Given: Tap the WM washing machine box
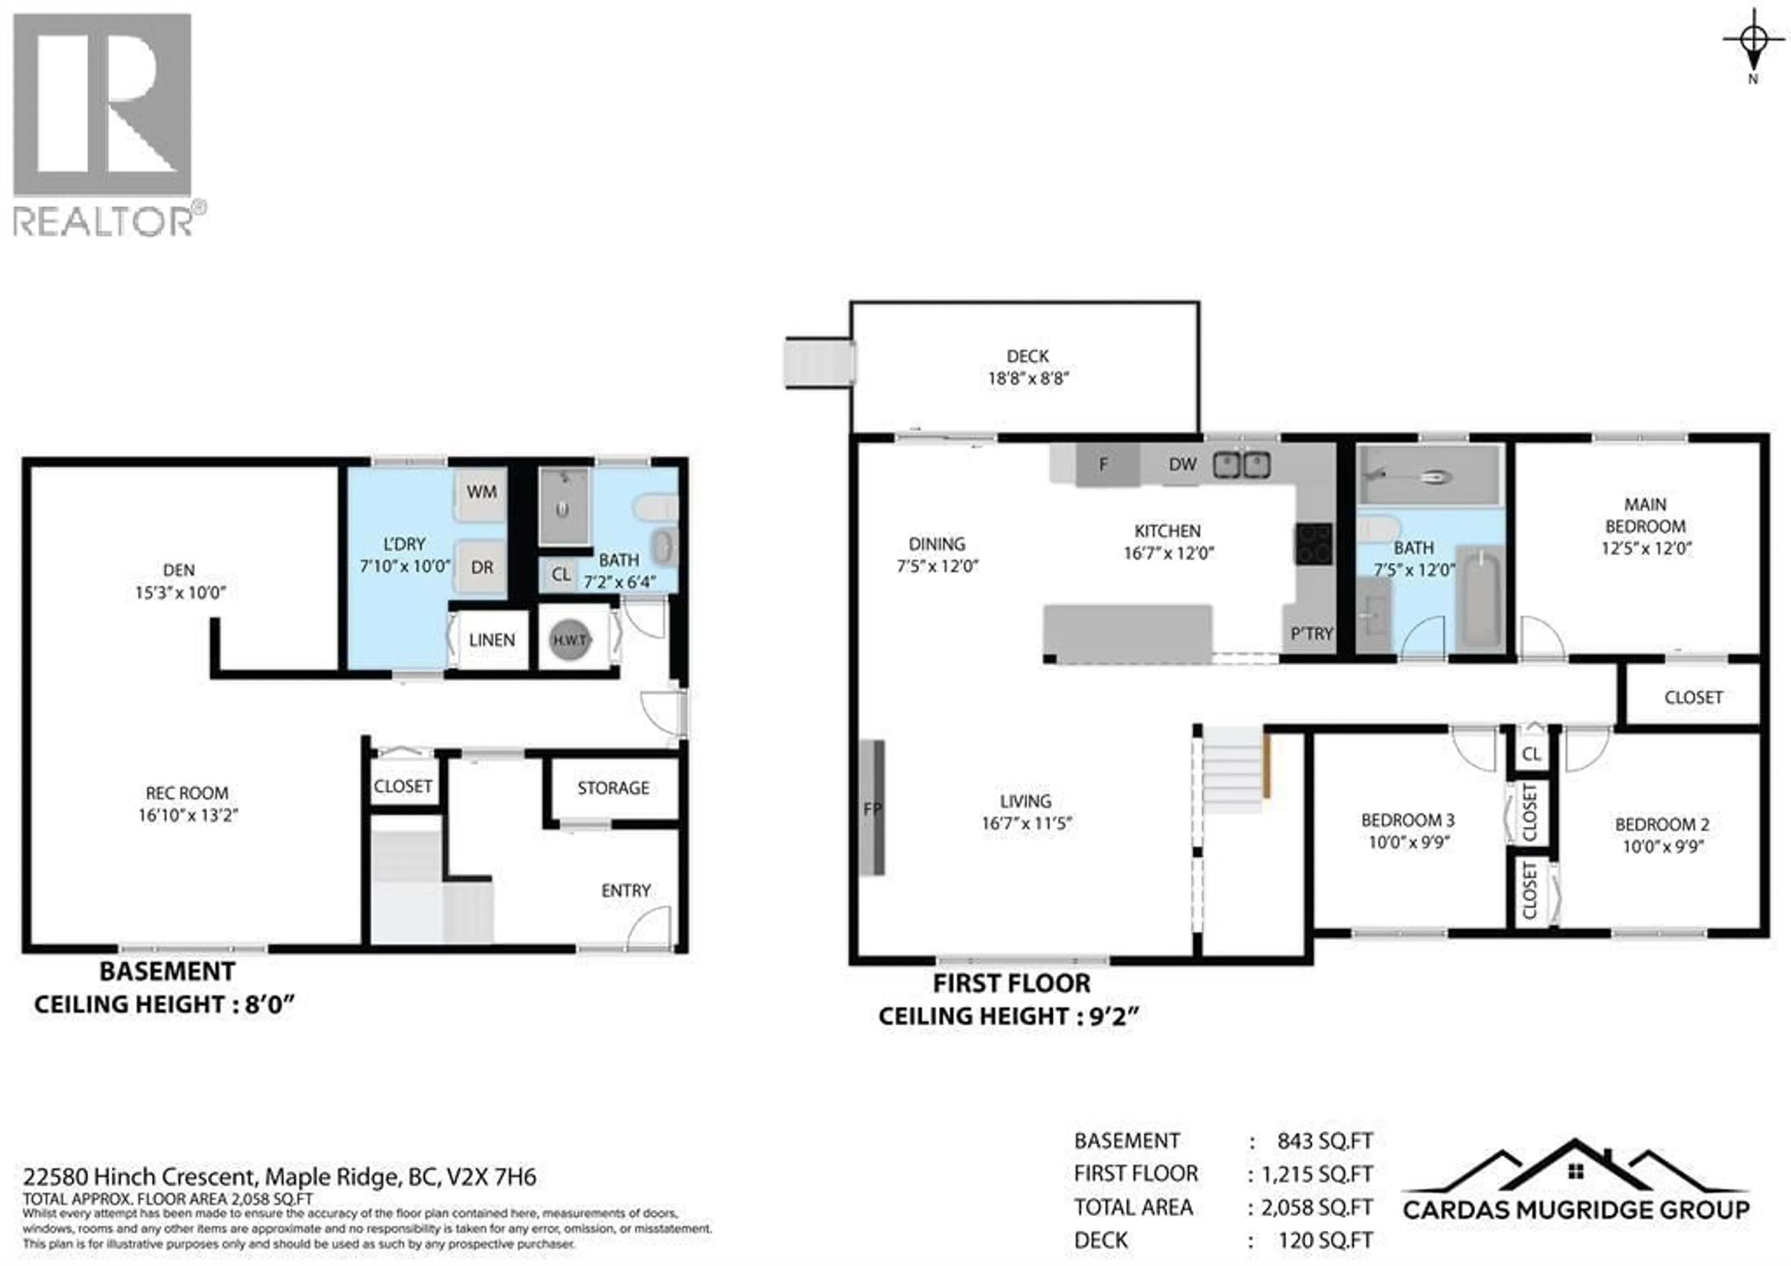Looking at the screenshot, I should point(481,492).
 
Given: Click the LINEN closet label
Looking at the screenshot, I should point(492,640).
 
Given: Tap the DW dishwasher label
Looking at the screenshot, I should point(1182,464).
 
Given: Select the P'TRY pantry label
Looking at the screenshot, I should point(1311,633).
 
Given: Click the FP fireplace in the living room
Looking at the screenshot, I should point(872,807).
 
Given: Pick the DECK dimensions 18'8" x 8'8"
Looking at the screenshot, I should point(1027,378).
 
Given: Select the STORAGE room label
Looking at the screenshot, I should point(613,788).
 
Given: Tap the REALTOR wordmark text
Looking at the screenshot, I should point(103,221).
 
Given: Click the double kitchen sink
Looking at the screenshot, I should point(1241,466).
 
